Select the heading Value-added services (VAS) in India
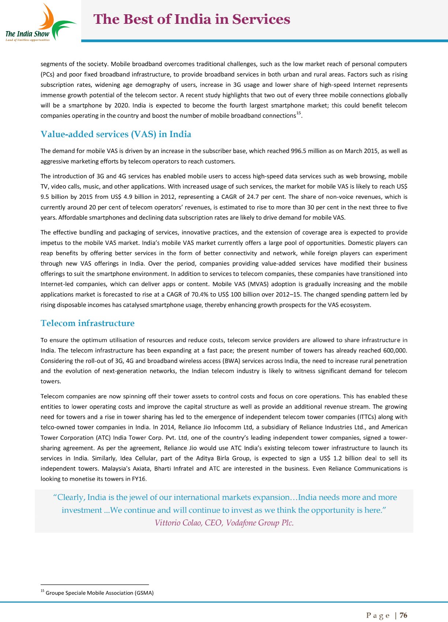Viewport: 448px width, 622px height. pos(116,134)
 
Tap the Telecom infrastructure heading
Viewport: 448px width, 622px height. pos(87,323)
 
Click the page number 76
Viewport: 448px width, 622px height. pos(403,615)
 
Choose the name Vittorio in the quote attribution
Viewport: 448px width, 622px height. pos(168,523)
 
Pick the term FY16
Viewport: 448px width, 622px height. pos(139,478)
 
